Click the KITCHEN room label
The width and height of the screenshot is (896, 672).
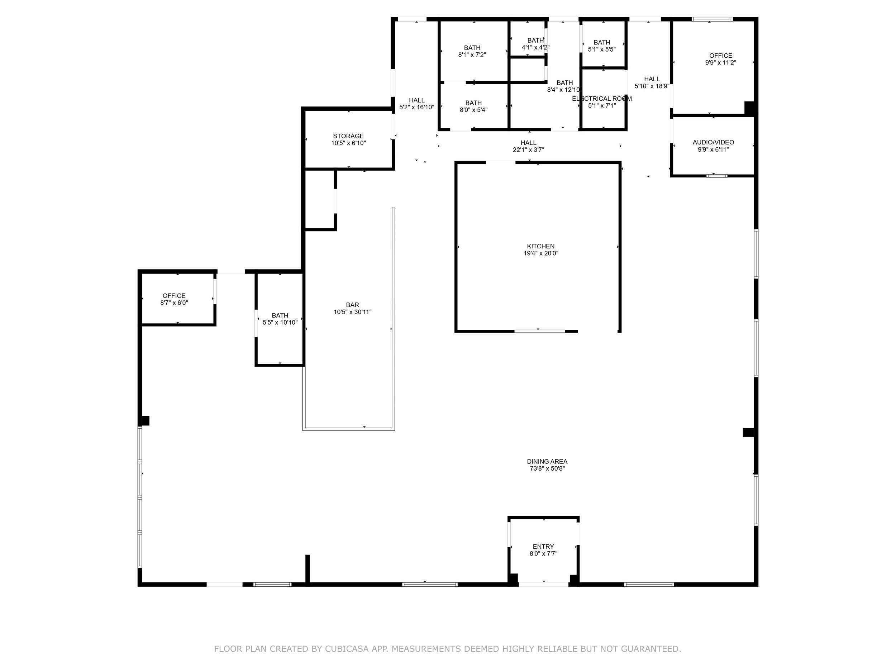point(540,246)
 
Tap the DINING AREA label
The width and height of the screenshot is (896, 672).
point(547,461)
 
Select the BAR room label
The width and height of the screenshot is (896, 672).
point(352,305)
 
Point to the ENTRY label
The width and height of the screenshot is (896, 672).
point(543,547)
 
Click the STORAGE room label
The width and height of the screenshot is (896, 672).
point(348,136)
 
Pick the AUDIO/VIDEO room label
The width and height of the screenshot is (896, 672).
point(713,142)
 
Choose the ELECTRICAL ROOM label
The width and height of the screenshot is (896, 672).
point(601,99)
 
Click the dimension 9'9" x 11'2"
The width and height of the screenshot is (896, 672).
point(721,63)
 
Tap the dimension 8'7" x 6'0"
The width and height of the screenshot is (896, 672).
point(174,302)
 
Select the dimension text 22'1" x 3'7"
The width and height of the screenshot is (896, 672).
point(528,149)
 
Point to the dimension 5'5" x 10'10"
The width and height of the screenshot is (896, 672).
point(280,323)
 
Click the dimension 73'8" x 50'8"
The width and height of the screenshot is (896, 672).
point(547,469)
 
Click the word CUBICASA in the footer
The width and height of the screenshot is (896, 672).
point(346,649)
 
